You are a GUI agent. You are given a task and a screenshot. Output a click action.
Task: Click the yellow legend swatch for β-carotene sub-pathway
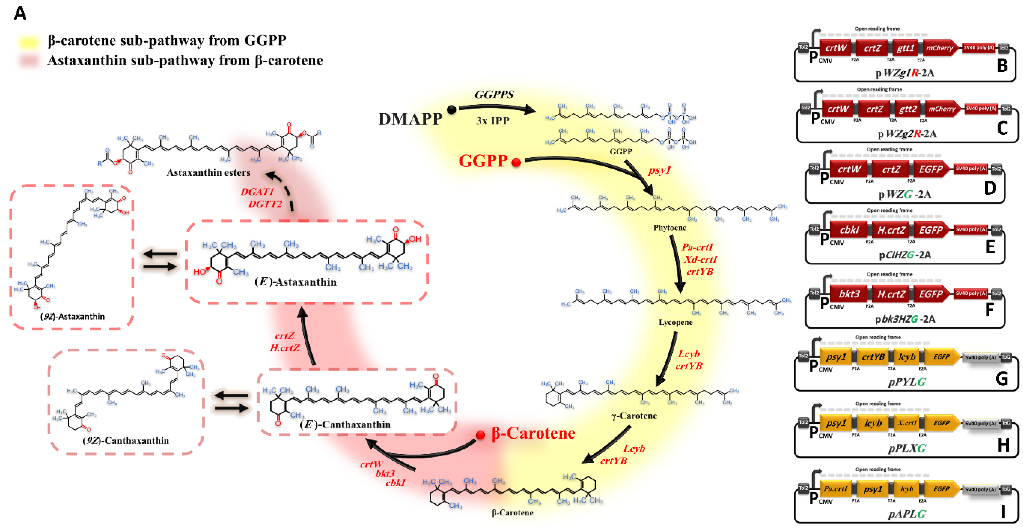(x=28, y=41)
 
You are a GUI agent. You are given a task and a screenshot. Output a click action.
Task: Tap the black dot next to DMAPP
(x=452, y=110)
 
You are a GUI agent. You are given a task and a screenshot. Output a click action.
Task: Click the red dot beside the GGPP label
(x=516, y=162)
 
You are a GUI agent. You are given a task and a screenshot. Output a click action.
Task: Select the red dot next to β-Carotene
(x=481, y=435)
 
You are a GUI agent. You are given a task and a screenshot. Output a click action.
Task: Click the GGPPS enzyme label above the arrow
(x=494, y=95)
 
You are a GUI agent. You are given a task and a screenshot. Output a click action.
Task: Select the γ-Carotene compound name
(x=634, y=416)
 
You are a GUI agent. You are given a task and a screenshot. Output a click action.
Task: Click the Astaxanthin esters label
(x=208, y=173)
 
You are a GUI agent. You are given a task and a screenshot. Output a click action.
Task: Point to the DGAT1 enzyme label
(x=257, y=192)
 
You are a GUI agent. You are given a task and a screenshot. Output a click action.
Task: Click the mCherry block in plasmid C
(x=942, y=109)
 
